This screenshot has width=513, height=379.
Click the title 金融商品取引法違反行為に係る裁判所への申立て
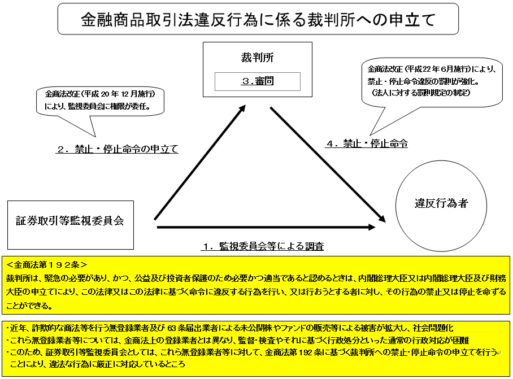pyautogui.click(x=258, y=19)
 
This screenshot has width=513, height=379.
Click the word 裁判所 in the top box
pyautogui.click(x=257, y=58)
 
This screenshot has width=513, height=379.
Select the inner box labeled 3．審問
pyautogui.click(x=257, y=81)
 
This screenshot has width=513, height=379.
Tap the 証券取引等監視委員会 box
pyautogui.click(x=70, y=221)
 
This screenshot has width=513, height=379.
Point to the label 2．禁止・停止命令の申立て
pyautogui.click(x=117, y=150)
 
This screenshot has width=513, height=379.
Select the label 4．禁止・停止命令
pyautogui.click(x=366, y=143)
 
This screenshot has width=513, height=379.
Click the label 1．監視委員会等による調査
pyautogui.click(x=263, y=246)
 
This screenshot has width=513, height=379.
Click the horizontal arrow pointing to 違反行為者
pyautogui.click(x=266, y=227)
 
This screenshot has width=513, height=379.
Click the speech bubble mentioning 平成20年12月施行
pyautogui.click(x=99, y=99)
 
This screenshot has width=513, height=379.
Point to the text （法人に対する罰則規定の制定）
pyautogui.click(x=421, y=92)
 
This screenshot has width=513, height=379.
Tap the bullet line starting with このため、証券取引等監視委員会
pyautogui.click(x=251, y=352)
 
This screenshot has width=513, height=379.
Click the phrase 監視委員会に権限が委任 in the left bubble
pyautogui.click(x=113, y=106)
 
